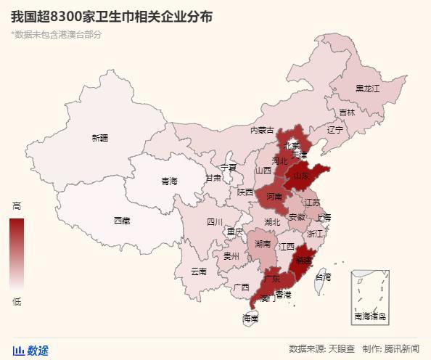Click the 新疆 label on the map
tap(99, 138)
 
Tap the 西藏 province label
tap(121, 221)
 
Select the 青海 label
tap(169, 181)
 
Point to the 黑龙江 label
tap(367, 89)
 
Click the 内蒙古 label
tap(262, 131)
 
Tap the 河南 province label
tap(274, 197)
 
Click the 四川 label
tap(215, 222)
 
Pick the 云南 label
tap(198, 271)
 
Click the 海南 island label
tap(250, 318)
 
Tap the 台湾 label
tap(322, 277)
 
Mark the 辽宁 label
tap(335, 131)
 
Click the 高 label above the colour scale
tap(17, 206)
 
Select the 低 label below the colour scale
tap(17, 301)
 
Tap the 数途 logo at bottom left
tap(31, 351)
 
